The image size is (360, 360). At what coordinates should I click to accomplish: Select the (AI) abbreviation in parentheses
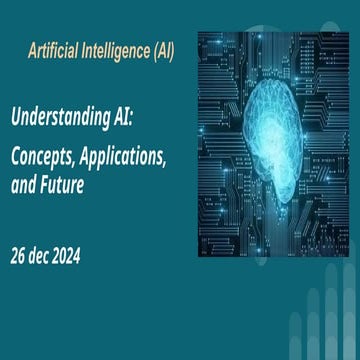pyautogui.click(x=159, y=50)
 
